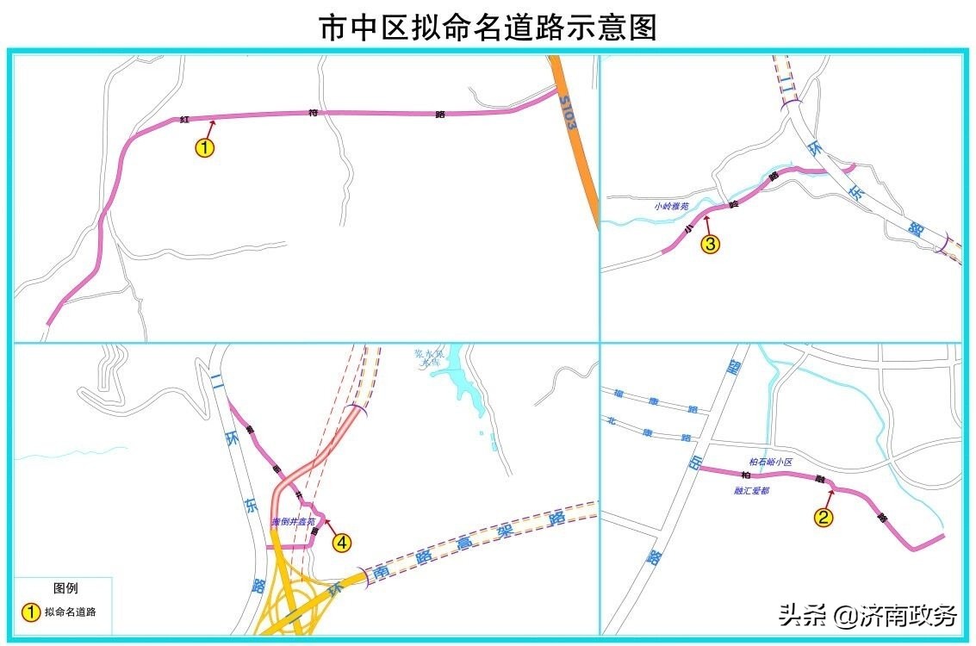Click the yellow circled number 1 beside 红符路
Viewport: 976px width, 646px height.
click(204, 147)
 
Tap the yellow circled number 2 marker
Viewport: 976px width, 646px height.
click(824, 518)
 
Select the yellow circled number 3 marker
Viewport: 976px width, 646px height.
click(709, 245)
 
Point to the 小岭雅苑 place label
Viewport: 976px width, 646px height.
click(671, 206)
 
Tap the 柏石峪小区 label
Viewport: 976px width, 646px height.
click(770, 462)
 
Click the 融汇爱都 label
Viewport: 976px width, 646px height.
click(751, 490)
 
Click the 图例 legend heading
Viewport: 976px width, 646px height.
click(66, 588)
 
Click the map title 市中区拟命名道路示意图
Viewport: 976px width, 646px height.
click(488, 27)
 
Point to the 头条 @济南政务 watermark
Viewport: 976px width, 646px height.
click(867, 615)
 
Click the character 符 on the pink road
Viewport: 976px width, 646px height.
click(314, 113)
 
